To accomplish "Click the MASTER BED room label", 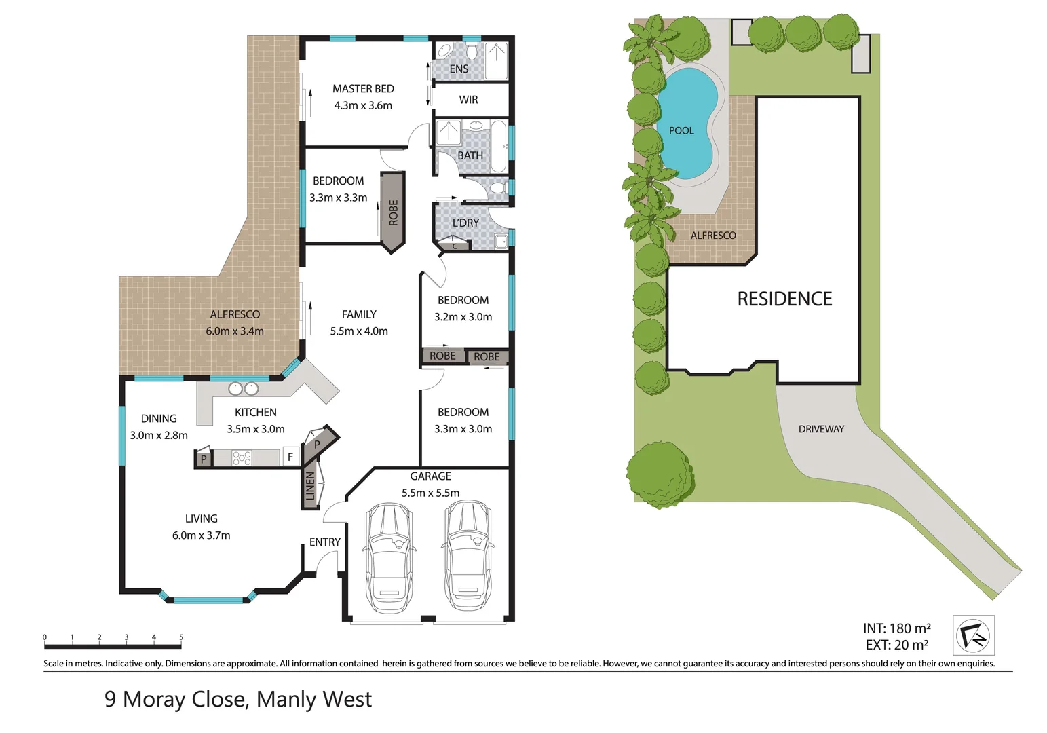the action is point(363,89).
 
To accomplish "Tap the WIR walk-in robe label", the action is point(468,100).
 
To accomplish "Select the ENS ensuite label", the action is point(459,69).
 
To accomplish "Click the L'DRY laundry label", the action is point(465,223).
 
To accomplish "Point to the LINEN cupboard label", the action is point(310,486).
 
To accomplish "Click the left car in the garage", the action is point(389,558).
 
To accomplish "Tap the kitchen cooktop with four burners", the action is point(242,457).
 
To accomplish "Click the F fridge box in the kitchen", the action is point(290,457).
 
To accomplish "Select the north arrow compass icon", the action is point(974,635).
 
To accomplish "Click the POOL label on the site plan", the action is point(681,131).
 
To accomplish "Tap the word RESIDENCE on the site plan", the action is point(785,299).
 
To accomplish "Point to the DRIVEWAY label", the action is point(821,429).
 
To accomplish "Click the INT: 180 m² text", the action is point(897,628).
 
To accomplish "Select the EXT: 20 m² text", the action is point(897,645).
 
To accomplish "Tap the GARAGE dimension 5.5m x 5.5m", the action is point(430,493).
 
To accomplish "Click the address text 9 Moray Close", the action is point(174,699).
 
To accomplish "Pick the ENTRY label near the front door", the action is point(325,542).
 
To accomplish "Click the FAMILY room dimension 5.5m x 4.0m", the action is point(359,331).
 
